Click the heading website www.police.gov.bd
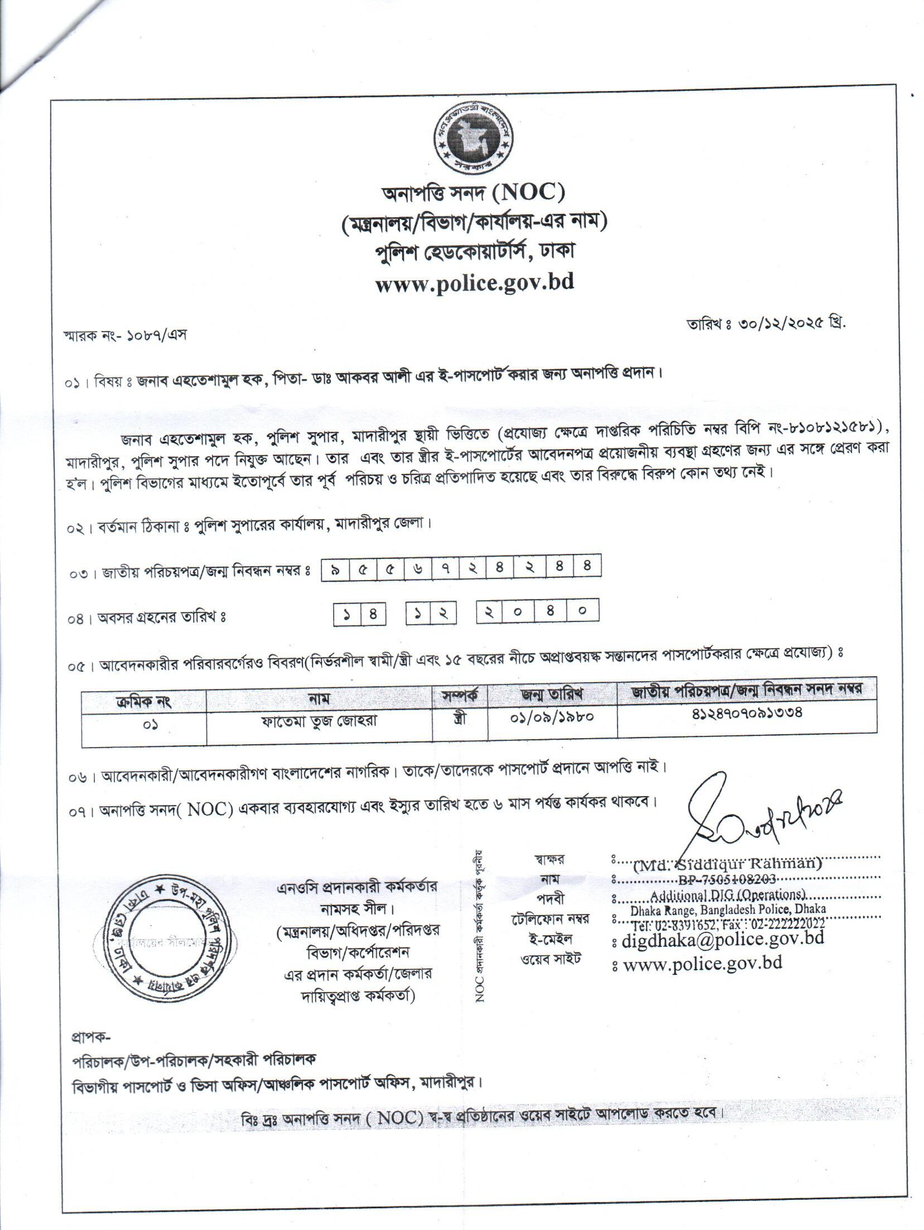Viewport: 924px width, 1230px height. coord(475,282)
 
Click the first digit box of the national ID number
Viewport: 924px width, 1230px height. coord(334,568)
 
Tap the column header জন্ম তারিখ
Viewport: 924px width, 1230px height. coord(552,695)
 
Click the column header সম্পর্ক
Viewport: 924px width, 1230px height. coord(460,696)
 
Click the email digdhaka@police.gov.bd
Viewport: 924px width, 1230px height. coord(723,939)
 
